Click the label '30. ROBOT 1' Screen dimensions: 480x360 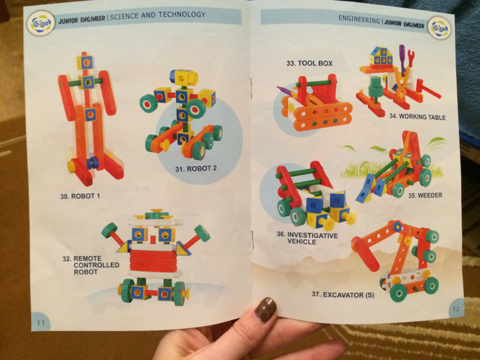[80, 196]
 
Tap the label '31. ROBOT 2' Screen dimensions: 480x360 [196, 169]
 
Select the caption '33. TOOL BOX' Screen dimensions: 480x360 [309, 64]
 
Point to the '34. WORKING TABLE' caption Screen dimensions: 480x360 [417, 116]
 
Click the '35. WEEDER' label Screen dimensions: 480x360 [425, 195]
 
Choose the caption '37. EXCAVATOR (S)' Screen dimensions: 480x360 [343, 295]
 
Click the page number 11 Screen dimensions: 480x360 [41, 323]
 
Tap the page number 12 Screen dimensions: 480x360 [456, 309]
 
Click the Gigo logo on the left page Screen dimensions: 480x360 [41, 24]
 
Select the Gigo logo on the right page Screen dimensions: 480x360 [439, 29]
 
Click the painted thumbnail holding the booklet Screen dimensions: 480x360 [265, 309]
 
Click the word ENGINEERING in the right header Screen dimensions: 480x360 [359, 19]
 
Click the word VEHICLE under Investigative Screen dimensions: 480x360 [302, 242]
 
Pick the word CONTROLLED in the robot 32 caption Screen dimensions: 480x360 [97, 265]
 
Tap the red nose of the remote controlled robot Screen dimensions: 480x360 [153, 239]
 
